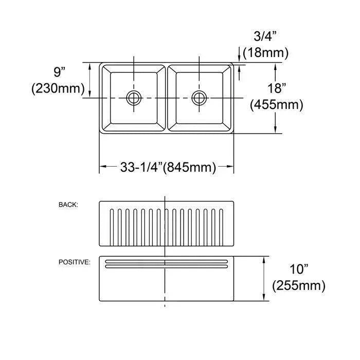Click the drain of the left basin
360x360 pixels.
point(134,97)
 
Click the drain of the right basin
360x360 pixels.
point(199,97)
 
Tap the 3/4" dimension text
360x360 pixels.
point(264,37)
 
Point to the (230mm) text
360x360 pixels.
point(58,88)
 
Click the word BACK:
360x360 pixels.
point(68,205)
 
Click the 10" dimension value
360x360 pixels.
point(299,268)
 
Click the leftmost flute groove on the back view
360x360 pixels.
point(111,226)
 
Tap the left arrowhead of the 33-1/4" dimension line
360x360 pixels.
point(102,167)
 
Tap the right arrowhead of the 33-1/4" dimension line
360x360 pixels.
point(231,167)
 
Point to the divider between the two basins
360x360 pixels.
point(166,98)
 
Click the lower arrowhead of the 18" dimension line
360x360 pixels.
point(276,130)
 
